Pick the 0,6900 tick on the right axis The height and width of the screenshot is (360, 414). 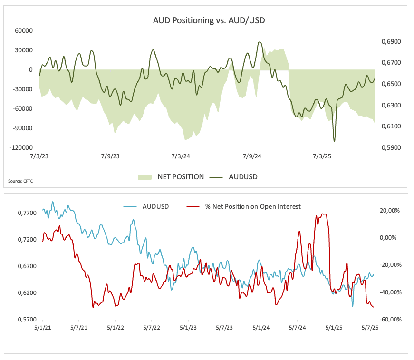point(391,42)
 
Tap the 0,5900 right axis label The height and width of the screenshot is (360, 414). point(391,147)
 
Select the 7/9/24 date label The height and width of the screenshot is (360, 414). point(252,156)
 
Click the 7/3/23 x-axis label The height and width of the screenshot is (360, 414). point(39,156)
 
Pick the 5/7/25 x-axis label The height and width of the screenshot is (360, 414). point(370,328)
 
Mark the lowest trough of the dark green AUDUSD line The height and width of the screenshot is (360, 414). point(334,141)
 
